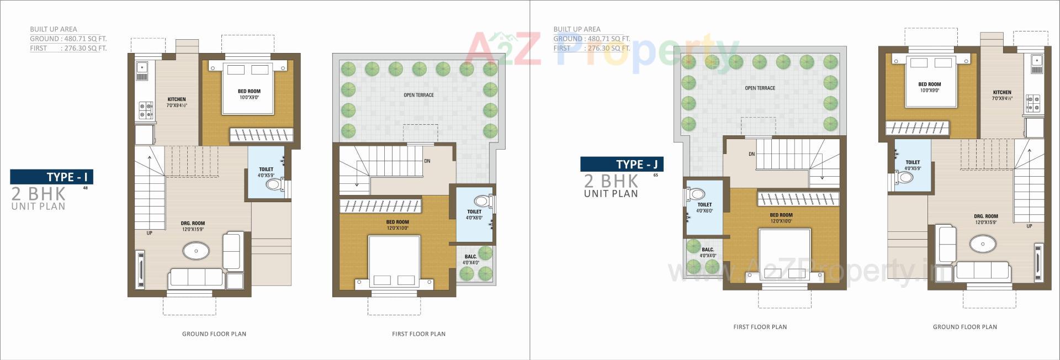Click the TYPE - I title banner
point(52,177)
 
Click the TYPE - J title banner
point(622,164)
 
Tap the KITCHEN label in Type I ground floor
point(177,99)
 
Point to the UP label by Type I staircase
point(150,233)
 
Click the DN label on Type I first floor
point(427,161)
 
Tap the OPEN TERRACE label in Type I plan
point(418,95)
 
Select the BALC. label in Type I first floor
point(470,257)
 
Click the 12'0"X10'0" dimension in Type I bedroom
point(397,228)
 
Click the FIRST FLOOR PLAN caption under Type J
point(760,327)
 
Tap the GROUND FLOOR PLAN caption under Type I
point(214,334)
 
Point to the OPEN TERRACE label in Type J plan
point(760,88)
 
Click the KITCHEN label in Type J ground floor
point(1002,93)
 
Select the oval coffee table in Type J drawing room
point(983,243)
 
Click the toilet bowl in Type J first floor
point(697,194)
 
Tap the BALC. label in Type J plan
point(708,250)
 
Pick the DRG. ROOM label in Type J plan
point(985,216)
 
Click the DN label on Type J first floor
point(751,154)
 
